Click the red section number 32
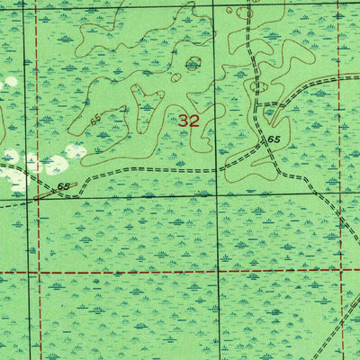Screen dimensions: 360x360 point(188,120)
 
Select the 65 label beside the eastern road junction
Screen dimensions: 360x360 point(275,140)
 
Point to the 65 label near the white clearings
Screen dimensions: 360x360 point(62,187)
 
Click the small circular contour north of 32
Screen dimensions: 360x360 point(192,64)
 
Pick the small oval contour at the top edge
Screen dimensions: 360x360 point(245,13)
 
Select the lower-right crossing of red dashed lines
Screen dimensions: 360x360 point(342,269)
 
